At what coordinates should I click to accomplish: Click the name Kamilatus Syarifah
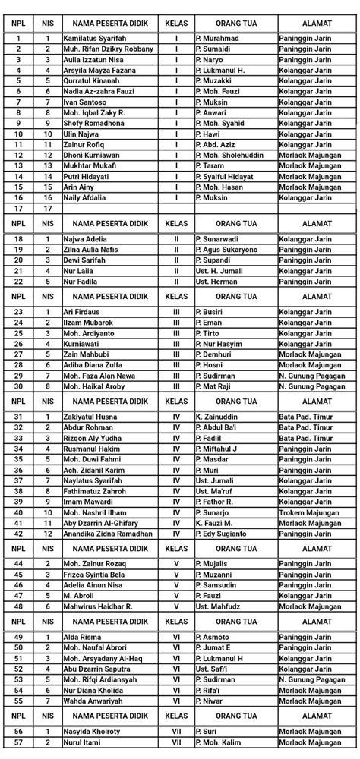tap(93, 38)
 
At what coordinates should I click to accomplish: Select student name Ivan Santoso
tap(86, 102)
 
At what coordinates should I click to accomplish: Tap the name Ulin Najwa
tap(83, 134)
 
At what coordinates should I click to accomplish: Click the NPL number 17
tap(17, 208)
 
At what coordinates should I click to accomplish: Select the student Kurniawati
tap(84, 344)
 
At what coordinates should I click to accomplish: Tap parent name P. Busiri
tap(210, 312)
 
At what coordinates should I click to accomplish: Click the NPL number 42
tap(17, 534)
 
